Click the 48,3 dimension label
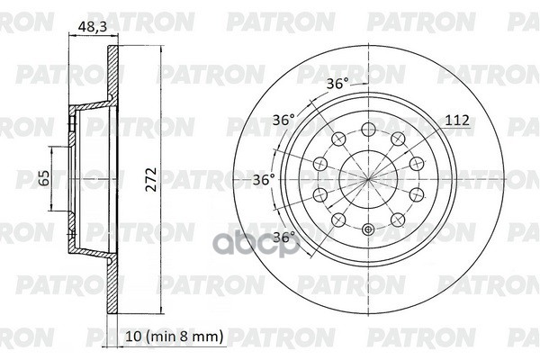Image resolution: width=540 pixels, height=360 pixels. (93, 26)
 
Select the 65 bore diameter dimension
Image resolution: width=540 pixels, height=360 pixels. (44, 177)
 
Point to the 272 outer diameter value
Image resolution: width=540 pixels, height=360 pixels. (151, 179)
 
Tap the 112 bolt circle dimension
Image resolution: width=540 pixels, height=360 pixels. (457, 121)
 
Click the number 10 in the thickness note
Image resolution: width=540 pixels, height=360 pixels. (133, 336)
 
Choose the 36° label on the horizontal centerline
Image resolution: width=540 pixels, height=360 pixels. (264, 179)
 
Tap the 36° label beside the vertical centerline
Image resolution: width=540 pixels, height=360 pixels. (337, 84)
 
